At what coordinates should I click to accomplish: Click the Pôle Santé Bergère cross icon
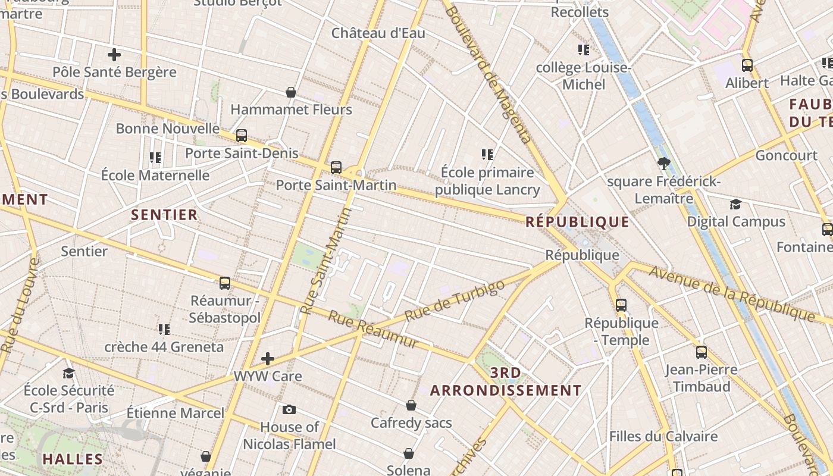click(x=114, y=55)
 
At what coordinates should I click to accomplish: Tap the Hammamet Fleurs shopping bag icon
click(x=291, y=92)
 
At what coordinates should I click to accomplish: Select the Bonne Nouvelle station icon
click(x=241, y=136)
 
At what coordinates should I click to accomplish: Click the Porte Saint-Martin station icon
click(x=336, y=168)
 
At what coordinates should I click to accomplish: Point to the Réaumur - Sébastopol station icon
click(x=225, y=283)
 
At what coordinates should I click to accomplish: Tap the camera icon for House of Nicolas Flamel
click(x=289, y=409)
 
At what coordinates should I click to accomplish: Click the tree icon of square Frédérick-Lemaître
click(x=664, y=163)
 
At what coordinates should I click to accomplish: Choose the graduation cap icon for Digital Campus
click(x=736, y=205)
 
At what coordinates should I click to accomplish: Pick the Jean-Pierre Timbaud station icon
click(x=702, y=352)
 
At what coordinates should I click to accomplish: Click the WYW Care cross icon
click(x=268, y=359)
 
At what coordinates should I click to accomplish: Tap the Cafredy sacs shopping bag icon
click(x=411, y=406)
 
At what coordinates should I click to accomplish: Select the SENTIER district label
click(x=164, y=215)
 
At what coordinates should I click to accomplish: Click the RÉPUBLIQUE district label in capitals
click(x=577, y=223)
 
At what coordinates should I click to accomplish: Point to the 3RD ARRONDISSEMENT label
click(x=506, y=382)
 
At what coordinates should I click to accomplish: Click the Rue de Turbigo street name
click(x=455, y=300)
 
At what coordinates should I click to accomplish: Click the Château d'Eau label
click(x=378, y=33)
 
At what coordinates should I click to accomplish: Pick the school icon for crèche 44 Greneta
click(x=164, y=329)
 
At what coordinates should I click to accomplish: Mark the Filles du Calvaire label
click(x=663, y=437)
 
